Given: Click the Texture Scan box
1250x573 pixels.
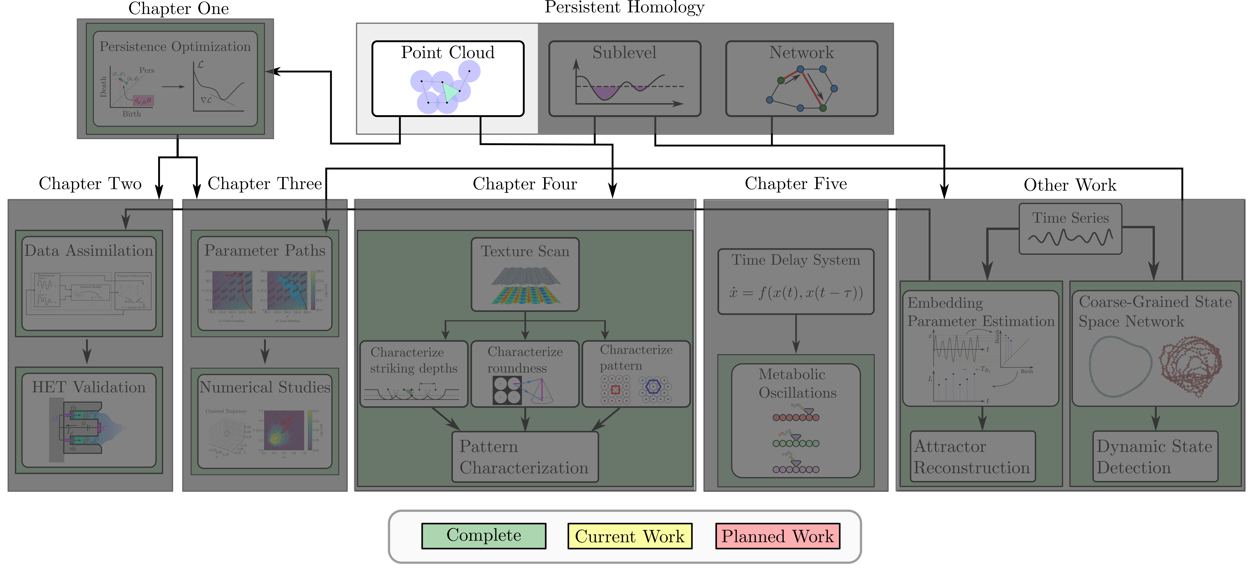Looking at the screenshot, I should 525,274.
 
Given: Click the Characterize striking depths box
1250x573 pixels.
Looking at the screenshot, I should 413,374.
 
